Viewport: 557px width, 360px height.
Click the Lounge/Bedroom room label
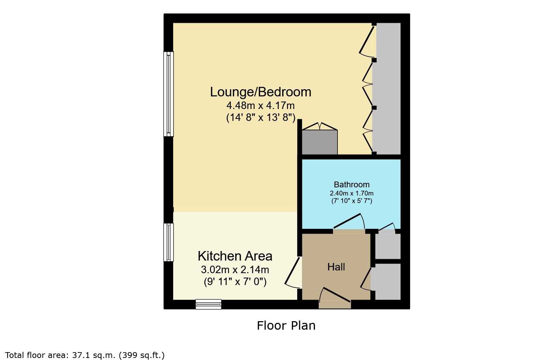coord(260,92)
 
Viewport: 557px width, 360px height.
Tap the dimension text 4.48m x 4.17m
coord(260,106)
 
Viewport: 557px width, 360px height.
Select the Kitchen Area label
coord(235,256)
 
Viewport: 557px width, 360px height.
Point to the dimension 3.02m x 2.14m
coord(235,269)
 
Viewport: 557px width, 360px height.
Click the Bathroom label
coord(351,185)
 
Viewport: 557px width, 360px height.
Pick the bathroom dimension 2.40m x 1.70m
coord(351,193)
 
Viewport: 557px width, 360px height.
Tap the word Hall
coord(336,267)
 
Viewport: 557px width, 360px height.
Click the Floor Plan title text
coord(286,326)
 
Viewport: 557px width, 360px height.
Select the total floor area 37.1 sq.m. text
coord(85,355)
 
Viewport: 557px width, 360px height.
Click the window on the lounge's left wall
coord(168,94)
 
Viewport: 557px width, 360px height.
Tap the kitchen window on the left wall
coord(168,242)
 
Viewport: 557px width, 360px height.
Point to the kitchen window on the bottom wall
coord(208,304)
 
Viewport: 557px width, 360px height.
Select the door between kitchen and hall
coord(293,273)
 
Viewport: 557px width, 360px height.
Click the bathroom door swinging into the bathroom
coord(349,221)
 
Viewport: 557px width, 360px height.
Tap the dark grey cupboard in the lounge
coord(319,142)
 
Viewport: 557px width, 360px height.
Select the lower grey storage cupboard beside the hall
coord(386,281)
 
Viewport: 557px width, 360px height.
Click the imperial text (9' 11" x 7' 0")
coord(235,282)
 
